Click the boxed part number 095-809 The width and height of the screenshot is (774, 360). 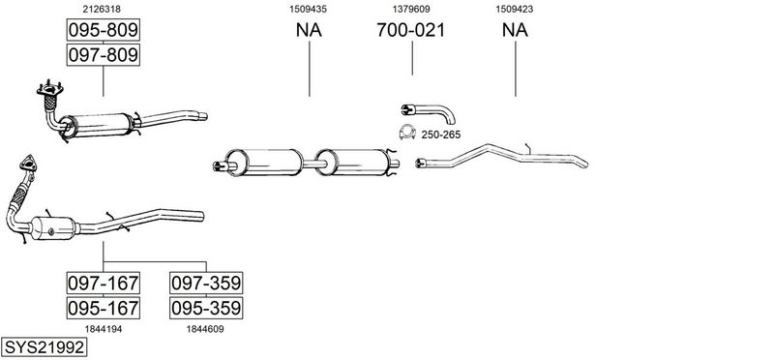pos(104,30)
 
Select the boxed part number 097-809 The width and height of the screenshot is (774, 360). pos(104,54)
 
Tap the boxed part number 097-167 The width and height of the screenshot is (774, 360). pos(104,283)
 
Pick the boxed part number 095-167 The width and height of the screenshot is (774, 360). pos(104,308)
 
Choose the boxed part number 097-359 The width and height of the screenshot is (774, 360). pos(206,283)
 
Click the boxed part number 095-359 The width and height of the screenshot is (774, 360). pos(206,308)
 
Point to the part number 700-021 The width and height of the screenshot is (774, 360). pos(410,30)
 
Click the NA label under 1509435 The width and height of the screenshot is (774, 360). pos(309,30)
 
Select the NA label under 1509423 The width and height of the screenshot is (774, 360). pos(515,30)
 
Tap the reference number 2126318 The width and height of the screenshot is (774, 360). pos(103,9)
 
